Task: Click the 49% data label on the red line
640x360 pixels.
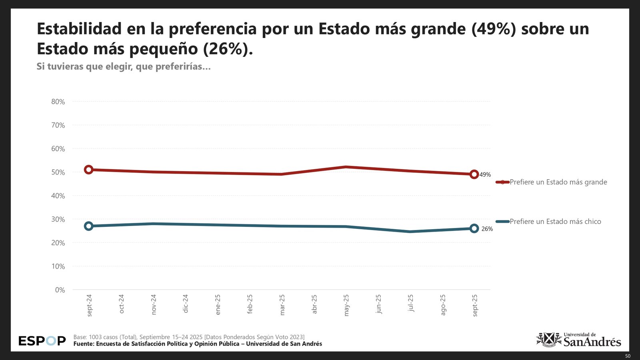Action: click(485, 175)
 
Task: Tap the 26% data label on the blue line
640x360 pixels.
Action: click(487, 229)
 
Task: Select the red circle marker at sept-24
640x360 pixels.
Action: click(89, 170)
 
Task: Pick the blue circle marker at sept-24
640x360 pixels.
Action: click(89, 226)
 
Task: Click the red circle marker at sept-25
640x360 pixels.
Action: click(474, 174)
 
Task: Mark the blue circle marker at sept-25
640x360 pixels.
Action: click(474, 228)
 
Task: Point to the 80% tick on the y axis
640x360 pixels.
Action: click(58, 102)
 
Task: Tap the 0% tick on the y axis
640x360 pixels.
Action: click(60, 290)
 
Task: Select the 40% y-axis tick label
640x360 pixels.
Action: click(58, 196)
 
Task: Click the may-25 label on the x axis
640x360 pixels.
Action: click(346, 305)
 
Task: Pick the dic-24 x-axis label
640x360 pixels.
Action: click(186, 304)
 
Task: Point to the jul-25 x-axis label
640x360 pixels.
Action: click(410, 303)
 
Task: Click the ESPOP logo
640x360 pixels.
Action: click(42, 341)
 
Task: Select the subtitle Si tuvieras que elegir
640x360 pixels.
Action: click(124, 66)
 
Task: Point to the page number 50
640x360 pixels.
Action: click(628, 356)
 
